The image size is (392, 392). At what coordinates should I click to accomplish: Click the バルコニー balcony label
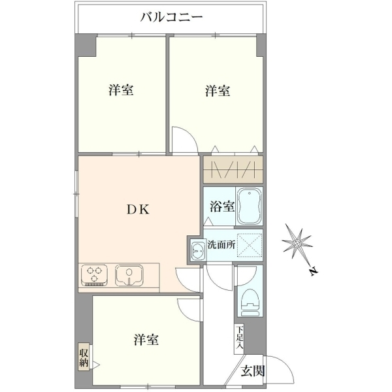pyautogui.click(x=171, y=17)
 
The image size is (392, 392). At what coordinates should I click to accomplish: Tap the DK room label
pyautogui.click(x=138, y=209)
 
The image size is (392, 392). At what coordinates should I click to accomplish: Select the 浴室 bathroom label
pyautogui.click(x=222, y=206)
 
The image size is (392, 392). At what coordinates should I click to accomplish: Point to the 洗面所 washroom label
pyautogui.click(x=221, y=245)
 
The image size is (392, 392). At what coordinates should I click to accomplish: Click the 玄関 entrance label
pyautogui.click(x=252, y=370)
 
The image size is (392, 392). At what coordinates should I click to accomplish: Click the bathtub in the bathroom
pyautogui.click(x=249, y=206)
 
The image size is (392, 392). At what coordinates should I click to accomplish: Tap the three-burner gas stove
pyautogui.click(x=95, y=275)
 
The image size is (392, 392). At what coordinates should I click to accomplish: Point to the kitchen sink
pyautogui.click(x=129, y=275)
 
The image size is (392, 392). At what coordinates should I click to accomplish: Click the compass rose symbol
pyautogui.click(x=297, y=242)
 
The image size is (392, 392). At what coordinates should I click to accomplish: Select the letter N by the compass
pyautogui.click(x=313, y=271)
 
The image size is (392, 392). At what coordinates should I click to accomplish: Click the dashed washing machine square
pyautogui.click(x=250, y=245)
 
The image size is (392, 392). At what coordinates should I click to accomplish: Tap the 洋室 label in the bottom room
pyautogui.click(x=146, y=340)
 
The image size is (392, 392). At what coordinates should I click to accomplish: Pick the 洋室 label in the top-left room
pyautogui.click(x=121, y=90)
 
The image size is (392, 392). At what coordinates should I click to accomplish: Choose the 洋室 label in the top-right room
pyautogui.click(x=218, y=91)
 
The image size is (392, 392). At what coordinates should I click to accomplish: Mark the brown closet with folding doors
pyautogui.click(x=233, y=169)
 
